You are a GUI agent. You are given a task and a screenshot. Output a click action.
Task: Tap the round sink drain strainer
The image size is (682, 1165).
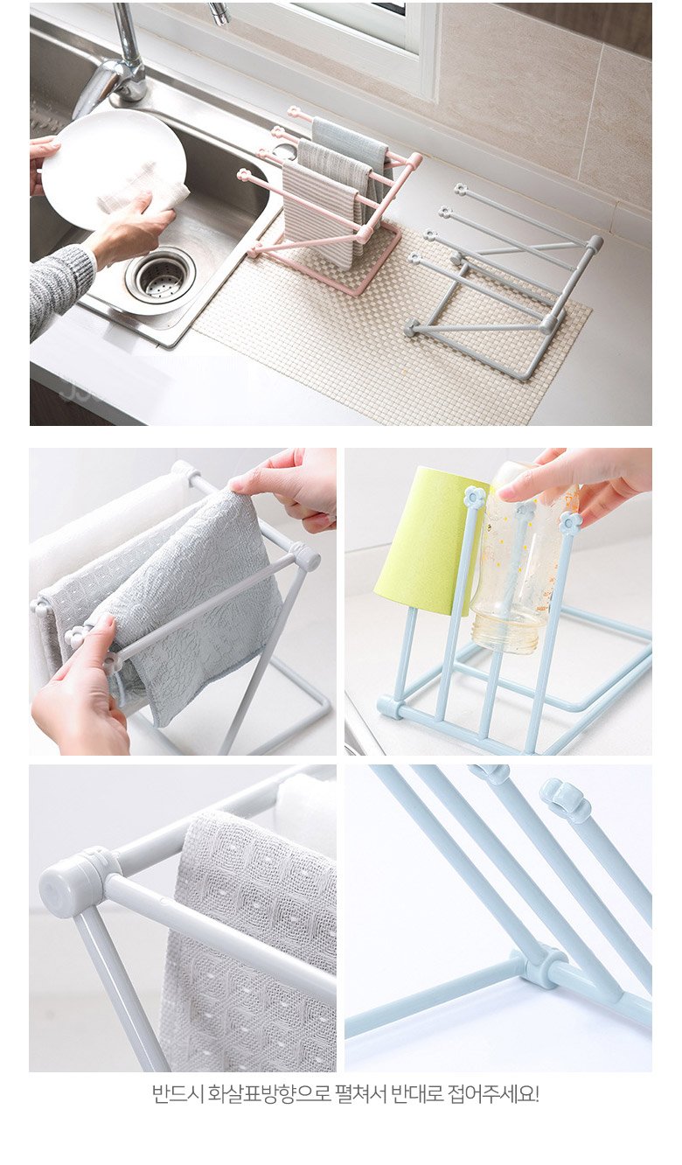161,276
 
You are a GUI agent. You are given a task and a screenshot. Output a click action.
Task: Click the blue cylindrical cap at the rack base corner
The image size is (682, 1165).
390,707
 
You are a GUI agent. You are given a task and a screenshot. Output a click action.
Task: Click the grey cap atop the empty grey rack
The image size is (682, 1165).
595,243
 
